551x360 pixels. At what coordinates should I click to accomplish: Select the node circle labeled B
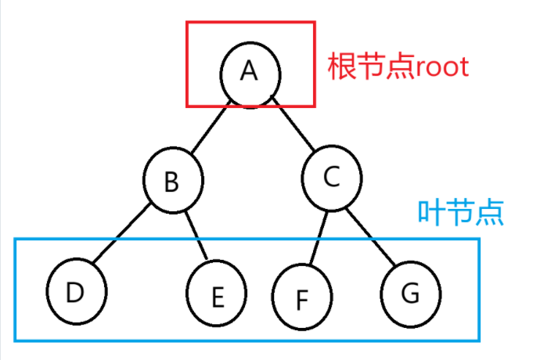click(173, 183)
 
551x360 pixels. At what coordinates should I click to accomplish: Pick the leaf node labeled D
click(75, 293)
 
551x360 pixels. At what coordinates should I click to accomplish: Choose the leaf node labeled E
click(217, 296)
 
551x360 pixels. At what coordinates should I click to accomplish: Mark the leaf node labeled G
click(410, 293)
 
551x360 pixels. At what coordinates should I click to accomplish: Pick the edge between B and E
click(200, 239)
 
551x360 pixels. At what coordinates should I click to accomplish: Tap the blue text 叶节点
click(459, 213)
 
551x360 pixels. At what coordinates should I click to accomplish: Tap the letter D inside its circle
click(74, 293)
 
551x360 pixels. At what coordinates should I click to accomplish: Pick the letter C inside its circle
click(331, 178)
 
